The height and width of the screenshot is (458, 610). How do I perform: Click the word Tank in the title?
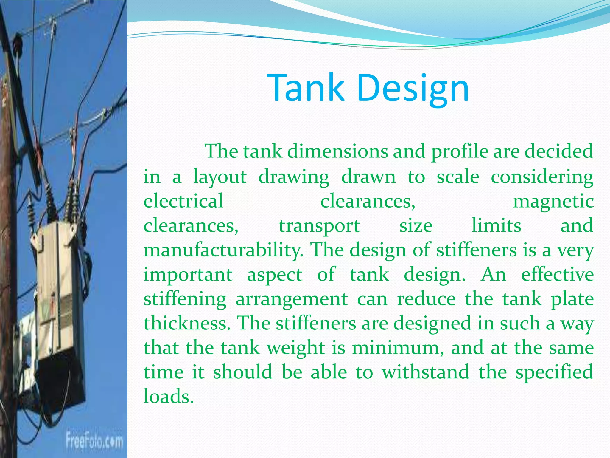click(x=306, y=87)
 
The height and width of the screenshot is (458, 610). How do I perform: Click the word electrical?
click(x=183, y=201)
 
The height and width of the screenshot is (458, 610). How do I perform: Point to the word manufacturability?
click(x=223, y=250)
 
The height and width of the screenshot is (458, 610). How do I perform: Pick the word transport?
click(x=319, y=226)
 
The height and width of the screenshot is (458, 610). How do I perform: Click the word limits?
click(x=497, y=225)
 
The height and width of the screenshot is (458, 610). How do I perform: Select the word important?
click(x=188, y=275)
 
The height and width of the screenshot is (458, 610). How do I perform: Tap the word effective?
click(x=557, y=274)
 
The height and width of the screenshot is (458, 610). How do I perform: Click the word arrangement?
click(x=292, y=299)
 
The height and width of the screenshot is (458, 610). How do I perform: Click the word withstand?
click(x=425, y=372)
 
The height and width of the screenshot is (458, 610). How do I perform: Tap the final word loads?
click(x=169, y=397)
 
